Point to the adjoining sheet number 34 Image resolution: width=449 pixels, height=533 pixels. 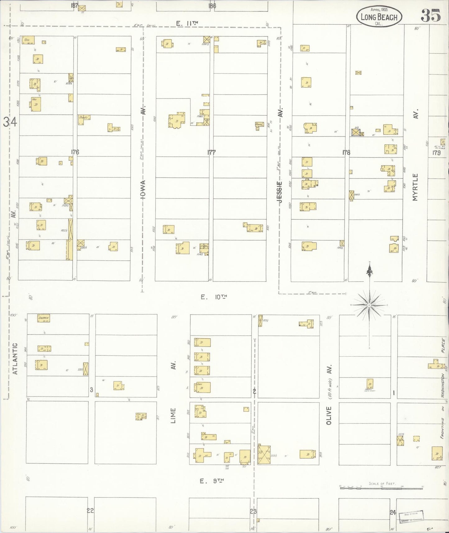pos(10,122)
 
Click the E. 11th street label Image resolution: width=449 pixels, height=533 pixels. pos(187,23)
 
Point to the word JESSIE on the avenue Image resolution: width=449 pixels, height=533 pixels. pos(280,192)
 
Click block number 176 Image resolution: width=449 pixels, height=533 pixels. pos(75,152)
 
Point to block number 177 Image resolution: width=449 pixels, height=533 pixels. pos(211,152)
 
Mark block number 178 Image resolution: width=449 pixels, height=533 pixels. pos(346,152)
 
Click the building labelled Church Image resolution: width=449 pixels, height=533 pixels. pos(44,318)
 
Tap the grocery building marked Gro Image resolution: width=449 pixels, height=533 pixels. pos(28,40)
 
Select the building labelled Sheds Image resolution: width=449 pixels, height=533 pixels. pos(84,118)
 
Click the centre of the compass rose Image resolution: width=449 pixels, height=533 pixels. pos(369,305)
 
